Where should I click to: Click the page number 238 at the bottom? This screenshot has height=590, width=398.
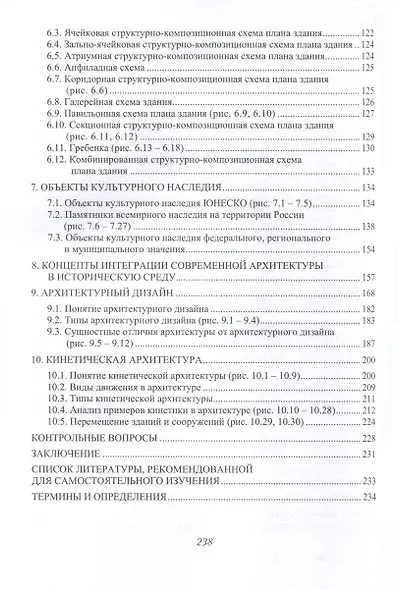[x=198, y=541]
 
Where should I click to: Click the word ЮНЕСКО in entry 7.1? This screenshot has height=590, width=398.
[x=193, y=203]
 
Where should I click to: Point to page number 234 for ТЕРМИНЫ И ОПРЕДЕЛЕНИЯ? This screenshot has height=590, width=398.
[x=366, y=498]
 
